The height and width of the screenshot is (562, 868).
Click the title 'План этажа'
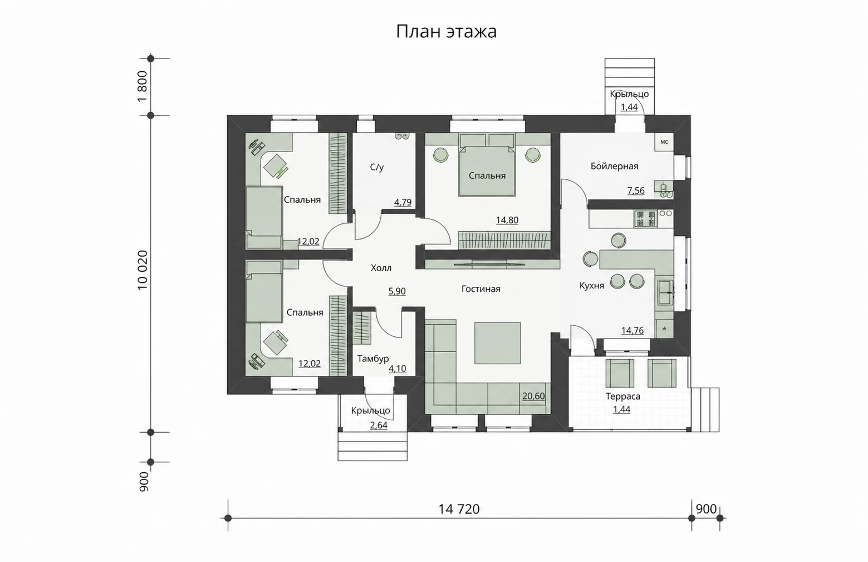coord(446,31)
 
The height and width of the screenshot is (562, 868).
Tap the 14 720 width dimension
coord(459,509)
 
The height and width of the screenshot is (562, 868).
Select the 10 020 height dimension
coord(143,270)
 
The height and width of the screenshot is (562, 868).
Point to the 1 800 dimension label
coord(143,86)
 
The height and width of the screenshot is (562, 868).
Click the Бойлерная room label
coord(614,167)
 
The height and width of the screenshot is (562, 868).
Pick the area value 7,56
coord(636,190)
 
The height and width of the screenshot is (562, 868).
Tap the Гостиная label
coord(481,289)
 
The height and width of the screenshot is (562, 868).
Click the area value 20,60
coord(533,396)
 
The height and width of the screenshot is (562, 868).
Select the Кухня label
coord(592,286)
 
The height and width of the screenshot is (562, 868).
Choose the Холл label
coord(381,268)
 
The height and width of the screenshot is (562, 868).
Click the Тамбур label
coord(373,359)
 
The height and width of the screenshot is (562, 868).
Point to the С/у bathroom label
coord(376,167)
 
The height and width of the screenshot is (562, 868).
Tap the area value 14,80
coord(507,220)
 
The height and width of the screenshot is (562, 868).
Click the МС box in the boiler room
coord(664,142)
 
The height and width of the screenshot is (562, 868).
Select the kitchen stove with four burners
coord(646,218)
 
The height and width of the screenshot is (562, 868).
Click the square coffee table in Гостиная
coord(498,343)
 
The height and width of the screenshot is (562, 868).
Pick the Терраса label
coord(622,397)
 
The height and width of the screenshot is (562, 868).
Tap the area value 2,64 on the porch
coord(379,425)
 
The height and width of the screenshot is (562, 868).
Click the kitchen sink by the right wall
coord(665,292)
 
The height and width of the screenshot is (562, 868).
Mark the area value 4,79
coord(403,202)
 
